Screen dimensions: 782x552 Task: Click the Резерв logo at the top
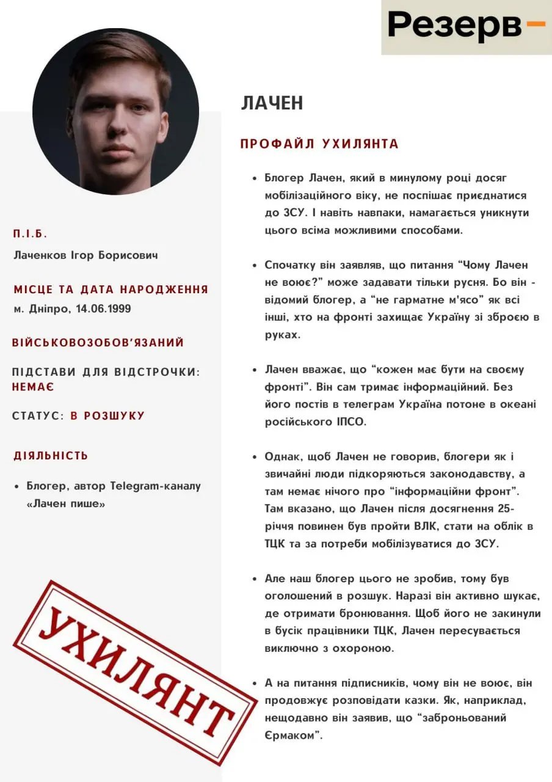455,25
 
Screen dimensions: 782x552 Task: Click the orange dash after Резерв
535,24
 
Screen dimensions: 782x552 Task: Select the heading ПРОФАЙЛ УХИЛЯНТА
319,144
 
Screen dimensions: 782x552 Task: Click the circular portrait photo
115,111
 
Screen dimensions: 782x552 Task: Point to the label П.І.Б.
30,234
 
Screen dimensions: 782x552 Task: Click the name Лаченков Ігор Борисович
85,255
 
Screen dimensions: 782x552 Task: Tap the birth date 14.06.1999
103,309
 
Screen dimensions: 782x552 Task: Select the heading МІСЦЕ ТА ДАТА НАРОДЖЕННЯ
111,290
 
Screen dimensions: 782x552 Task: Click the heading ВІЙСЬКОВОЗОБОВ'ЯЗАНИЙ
98,343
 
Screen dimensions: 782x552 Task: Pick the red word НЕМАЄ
33,387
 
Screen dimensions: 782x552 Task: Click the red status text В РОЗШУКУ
107,416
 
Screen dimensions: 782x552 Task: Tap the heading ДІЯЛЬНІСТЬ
51,456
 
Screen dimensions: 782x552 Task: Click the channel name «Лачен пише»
66,504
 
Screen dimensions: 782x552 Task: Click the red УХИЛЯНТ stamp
135,672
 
